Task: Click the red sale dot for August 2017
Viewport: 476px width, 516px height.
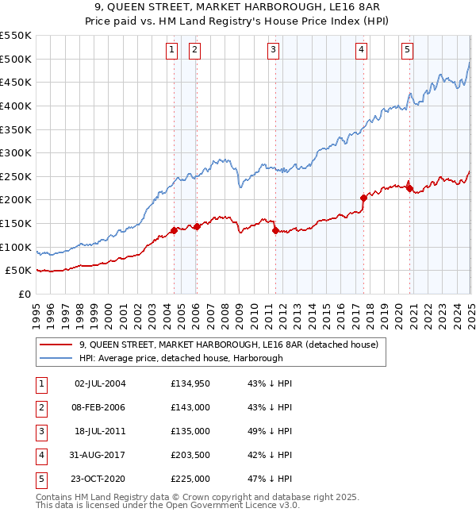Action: point(363,198)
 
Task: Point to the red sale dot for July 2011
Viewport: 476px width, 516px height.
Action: point(275,230)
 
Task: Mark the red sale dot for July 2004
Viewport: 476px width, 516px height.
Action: point(174,230)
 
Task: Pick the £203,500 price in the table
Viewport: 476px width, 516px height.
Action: point(190,456)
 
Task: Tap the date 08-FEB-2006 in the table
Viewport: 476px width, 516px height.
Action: point(100,407)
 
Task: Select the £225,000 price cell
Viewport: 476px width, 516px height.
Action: point(190,479)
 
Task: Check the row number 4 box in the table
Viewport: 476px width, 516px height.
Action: point(40,456)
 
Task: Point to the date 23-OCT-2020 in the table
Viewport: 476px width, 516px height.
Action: point(100,479)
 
